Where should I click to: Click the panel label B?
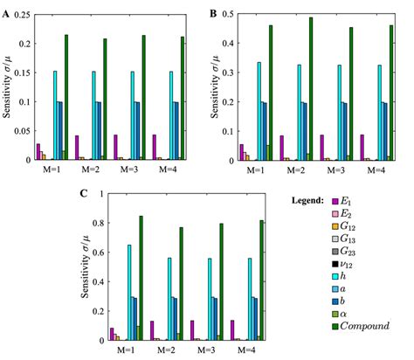click(x=212, y=11)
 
